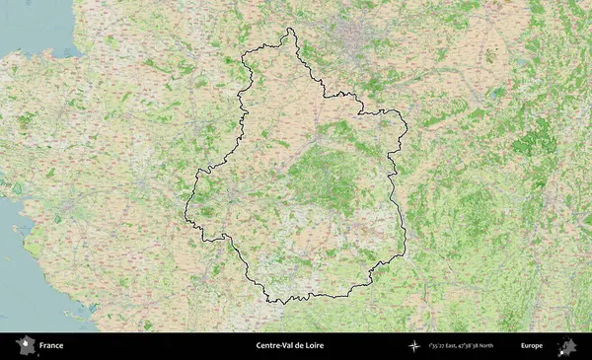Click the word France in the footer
tap(50, 346)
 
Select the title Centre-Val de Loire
tap(289, 346)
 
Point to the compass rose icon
tap(413, 346)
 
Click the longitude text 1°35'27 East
tap(446, 346)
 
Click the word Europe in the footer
tap(532, 346)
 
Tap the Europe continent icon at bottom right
tap(566, 346)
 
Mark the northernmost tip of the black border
tap(289, 29)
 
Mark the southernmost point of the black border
tap(278, 303)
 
